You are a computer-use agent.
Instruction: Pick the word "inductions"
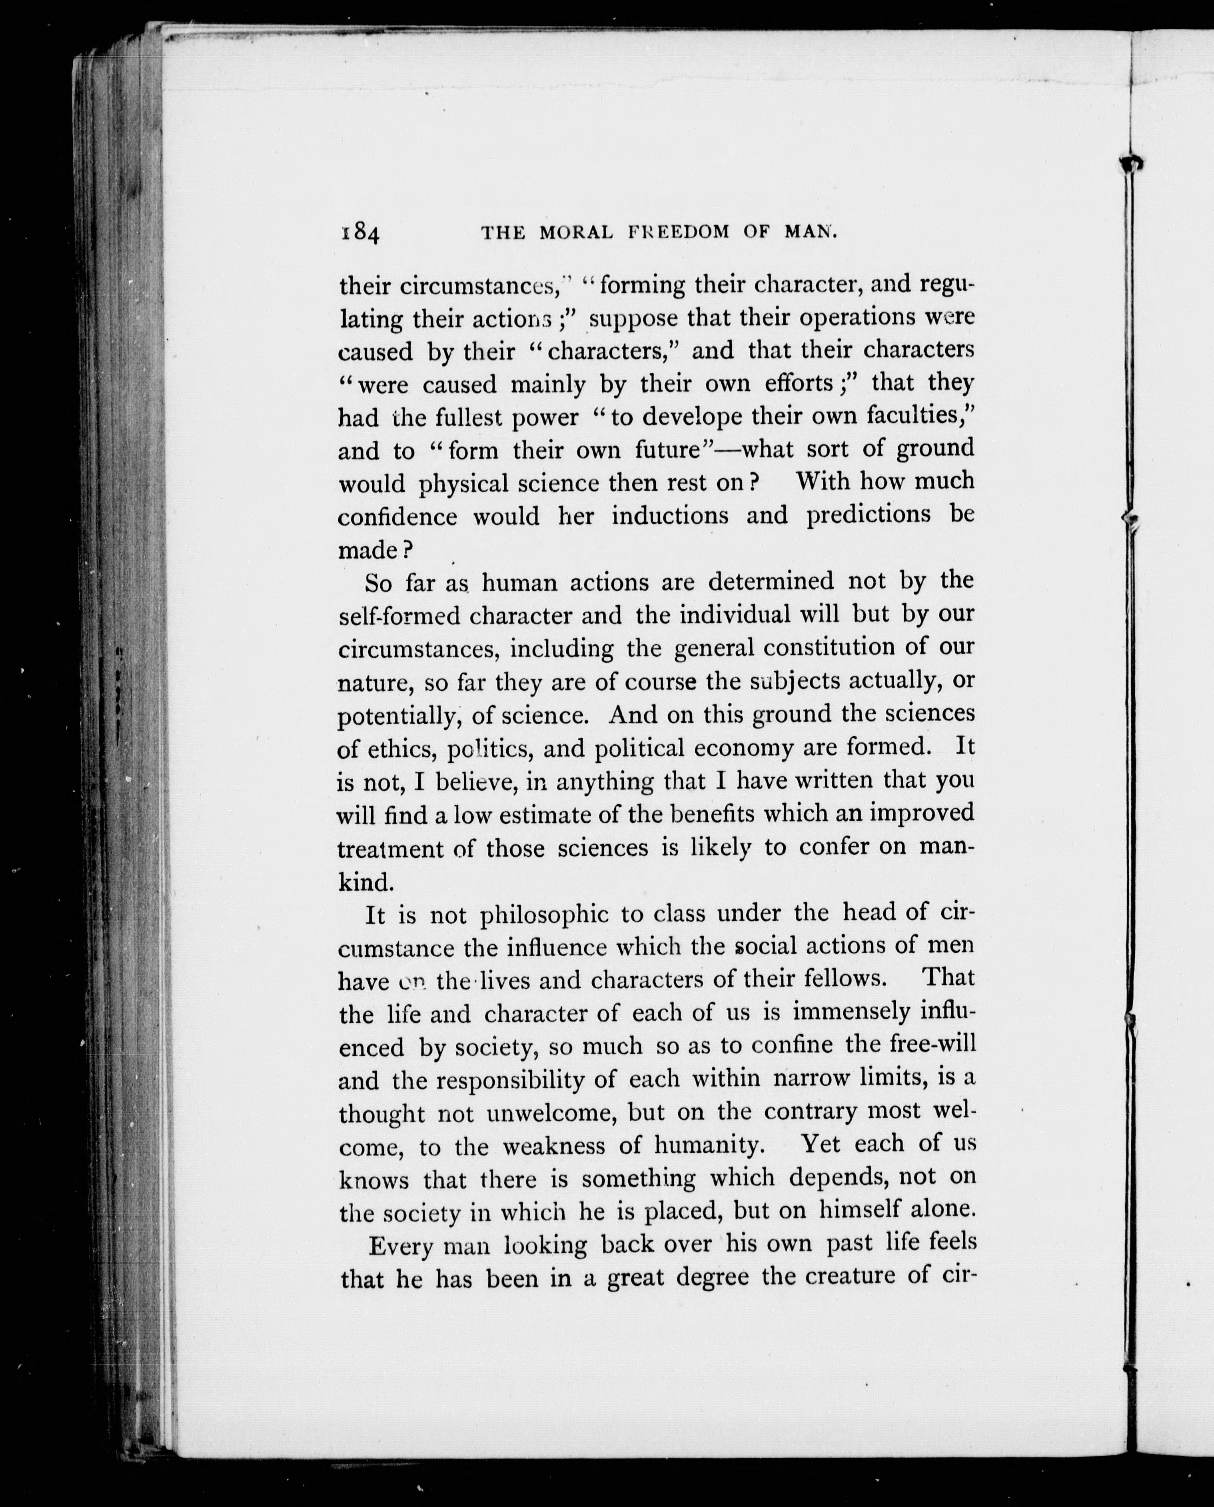tap(669, 516)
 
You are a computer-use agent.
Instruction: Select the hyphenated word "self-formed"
tap(399, 616)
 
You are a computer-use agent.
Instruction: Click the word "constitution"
tap(829, 648)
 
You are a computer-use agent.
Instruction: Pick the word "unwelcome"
tap(551, 1112)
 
